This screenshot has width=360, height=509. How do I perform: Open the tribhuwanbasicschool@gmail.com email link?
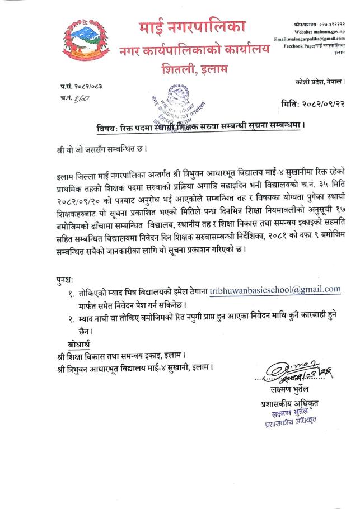[x=275, y=290]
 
